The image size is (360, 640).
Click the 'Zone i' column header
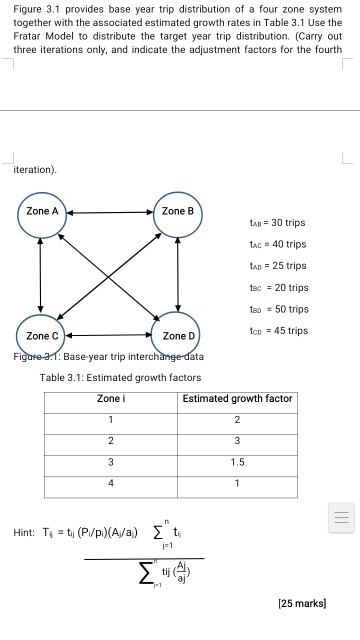click(111, 398)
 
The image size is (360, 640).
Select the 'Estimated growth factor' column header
click(237, 398)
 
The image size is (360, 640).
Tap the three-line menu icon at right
click(343, 517)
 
